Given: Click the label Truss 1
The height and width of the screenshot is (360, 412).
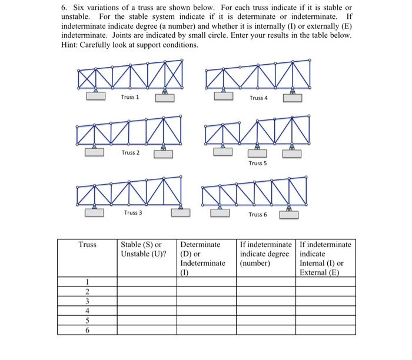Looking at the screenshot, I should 130,97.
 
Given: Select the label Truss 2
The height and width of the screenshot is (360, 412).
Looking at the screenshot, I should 130,153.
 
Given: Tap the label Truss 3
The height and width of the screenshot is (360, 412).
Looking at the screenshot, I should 132,212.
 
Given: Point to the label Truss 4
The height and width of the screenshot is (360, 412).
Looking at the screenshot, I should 258,98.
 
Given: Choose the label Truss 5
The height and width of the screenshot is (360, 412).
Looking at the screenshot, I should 257,163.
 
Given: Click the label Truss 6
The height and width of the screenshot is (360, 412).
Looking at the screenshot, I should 257,215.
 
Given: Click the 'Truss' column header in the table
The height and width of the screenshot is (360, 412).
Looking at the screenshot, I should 87,244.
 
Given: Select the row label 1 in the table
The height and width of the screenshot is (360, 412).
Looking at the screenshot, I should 87,282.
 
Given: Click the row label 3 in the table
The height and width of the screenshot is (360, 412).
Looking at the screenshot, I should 87,302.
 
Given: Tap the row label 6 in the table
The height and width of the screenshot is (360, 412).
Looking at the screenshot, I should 87,330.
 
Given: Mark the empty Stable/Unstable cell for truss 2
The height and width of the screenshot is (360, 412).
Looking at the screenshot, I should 147,292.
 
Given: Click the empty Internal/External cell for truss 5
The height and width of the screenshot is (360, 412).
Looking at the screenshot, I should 326,321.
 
